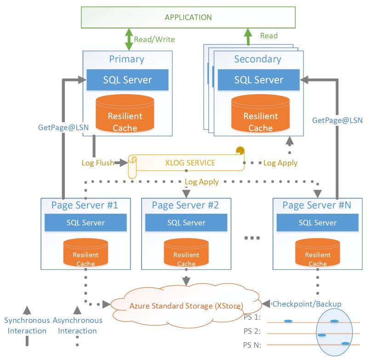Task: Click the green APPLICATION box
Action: pos(188,17)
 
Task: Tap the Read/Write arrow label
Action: pos(154,40)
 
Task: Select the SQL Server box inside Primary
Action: pos(128,80)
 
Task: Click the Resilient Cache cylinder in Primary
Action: pos(125,115)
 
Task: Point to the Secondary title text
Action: pos(257,59)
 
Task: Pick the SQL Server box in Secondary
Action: pos(259,80)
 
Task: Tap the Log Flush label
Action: pos(97,163)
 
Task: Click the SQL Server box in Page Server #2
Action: pos(187,223)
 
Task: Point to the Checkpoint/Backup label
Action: pos(307,304)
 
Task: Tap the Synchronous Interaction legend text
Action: pos(25,325)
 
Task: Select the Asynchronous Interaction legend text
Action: pos(78,325)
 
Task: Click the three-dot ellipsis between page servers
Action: pos(252,238)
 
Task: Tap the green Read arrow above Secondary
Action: pos(248,37)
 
